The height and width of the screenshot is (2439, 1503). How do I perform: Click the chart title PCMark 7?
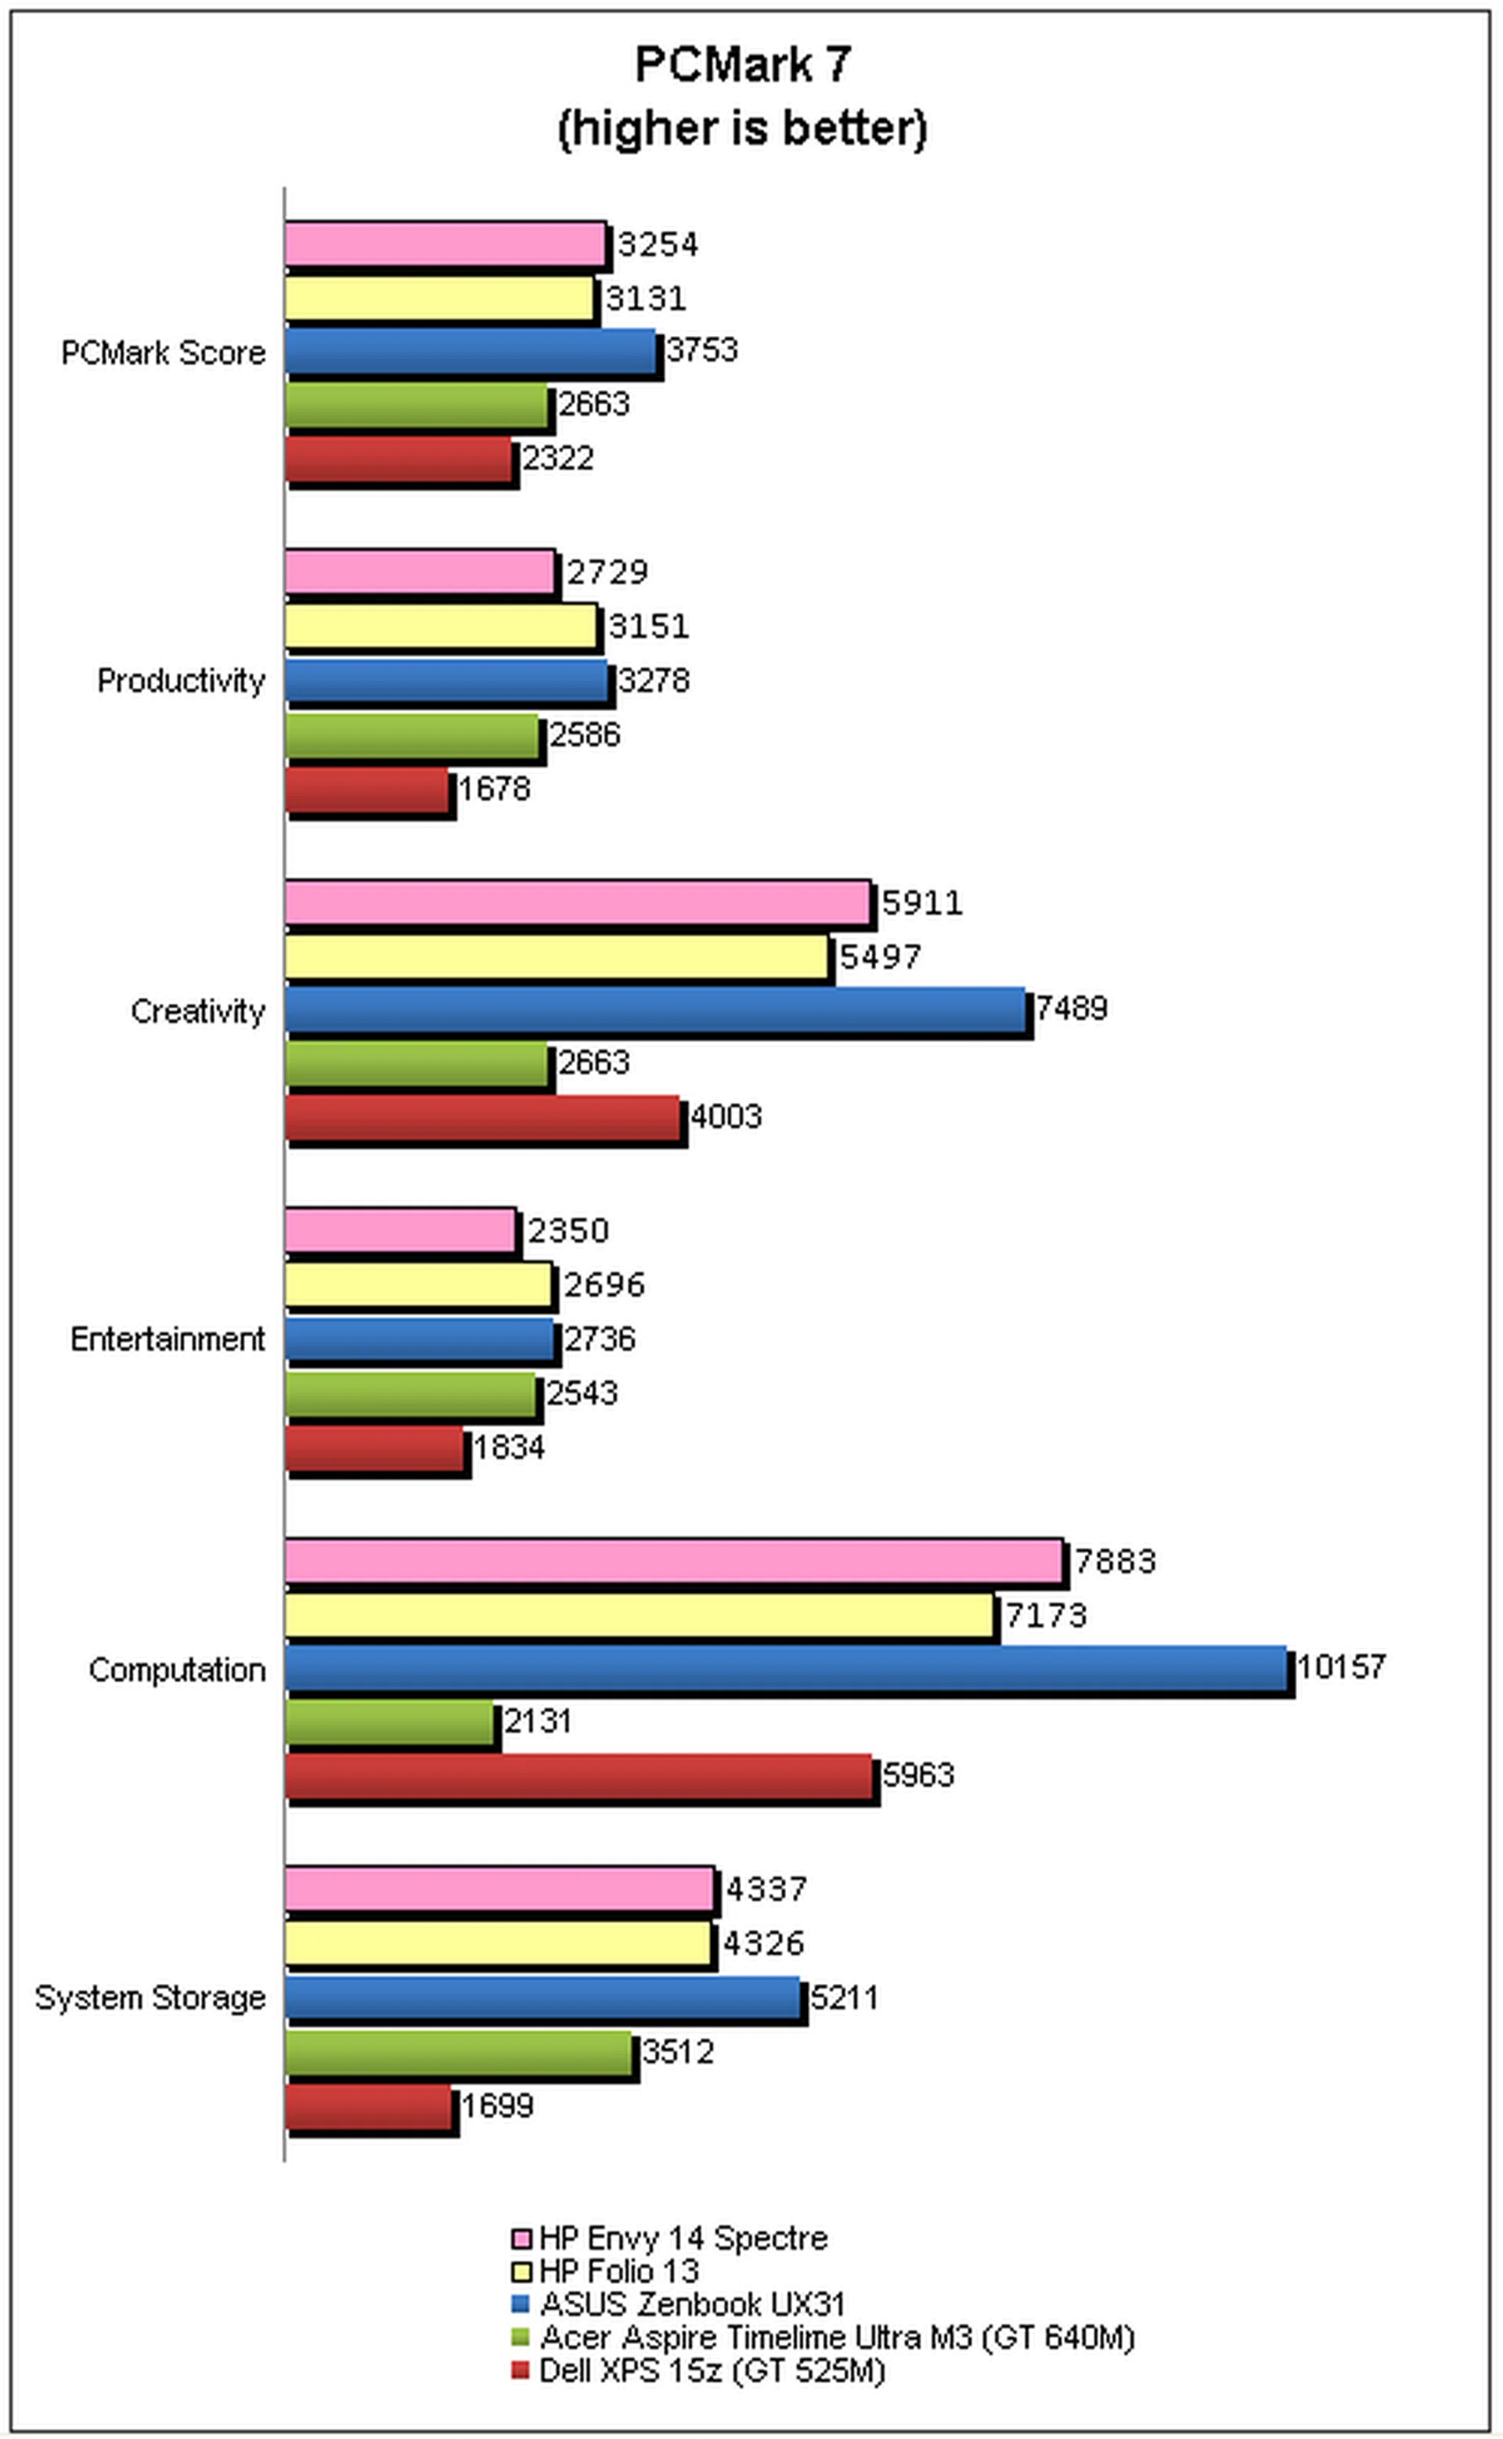[743, 66]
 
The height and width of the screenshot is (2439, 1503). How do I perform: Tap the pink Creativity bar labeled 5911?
[578, 902]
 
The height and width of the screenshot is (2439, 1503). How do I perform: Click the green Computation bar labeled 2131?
[390, 1721]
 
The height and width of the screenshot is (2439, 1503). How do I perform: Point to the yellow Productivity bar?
[442, 627]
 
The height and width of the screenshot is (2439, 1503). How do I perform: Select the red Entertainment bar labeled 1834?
[375, 1447]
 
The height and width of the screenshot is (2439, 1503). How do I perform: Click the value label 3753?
[702, 350]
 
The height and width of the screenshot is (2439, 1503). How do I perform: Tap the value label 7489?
[1071, 1008]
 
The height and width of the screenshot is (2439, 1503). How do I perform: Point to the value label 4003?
[726, 1117]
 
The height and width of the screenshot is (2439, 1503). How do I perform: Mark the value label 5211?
[844, 1997]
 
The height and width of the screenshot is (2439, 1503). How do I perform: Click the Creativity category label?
[198, 1011]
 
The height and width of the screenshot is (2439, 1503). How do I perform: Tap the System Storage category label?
[150, 1997]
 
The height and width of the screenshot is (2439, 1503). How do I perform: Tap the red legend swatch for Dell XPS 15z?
[520, 2370]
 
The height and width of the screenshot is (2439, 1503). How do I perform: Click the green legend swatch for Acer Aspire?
[520, 2336]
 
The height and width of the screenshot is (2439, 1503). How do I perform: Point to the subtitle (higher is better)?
[743, 129]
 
